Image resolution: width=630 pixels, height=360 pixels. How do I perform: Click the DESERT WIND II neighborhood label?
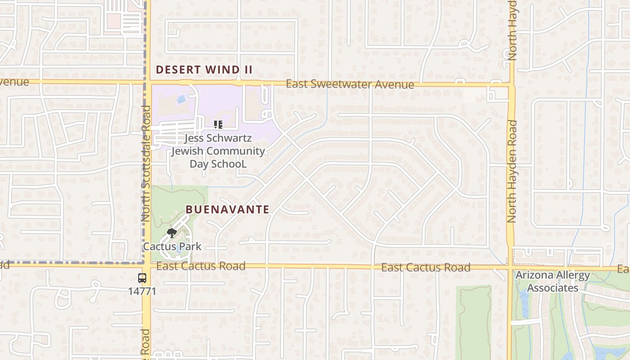[204, 70]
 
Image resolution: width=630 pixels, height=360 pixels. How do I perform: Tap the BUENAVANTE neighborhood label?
[227, 209]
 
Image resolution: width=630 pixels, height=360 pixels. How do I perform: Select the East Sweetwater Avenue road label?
[350, 84]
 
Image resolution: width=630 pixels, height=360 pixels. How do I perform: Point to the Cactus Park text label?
[172, 247]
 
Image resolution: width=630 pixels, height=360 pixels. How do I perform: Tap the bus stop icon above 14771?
[142, 278]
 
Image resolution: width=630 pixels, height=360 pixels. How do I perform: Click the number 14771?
[142, 291]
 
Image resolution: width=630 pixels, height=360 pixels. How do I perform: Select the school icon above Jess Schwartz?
[218, 125]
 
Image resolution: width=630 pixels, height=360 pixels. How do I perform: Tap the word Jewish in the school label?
[188, 151]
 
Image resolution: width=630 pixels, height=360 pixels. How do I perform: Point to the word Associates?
[553, 288]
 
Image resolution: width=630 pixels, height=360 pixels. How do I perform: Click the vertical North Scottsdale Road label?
[146, 163]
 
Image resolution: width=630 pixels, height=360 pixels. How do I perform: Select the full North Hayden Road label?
[511, 171]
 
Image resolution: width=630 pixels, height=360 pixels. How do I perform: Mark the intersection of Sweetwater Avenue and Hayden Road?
[511, 85]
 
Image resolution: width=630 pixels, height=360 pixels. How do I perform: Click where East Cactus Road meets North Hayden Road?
[510, 268]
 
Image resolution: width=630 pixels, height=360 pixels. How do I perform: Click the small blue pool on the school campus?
[181, 99]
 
